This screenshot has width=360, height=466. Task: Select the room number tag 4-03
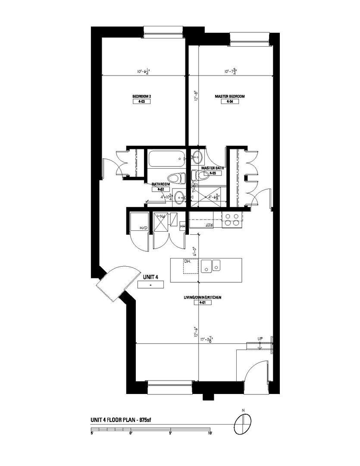pos(141,102)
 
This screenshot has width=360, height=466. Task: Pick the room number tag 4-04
pos(230,102)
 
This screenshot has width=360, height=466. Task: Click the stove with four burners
pos(232,220)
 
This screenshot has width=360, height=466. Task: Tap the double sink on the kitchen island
pos(211,265)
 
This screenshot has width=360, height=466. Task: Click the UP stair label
pos(260,338)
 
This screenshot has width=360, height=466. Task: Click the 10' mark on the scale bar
pos(210,433)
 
